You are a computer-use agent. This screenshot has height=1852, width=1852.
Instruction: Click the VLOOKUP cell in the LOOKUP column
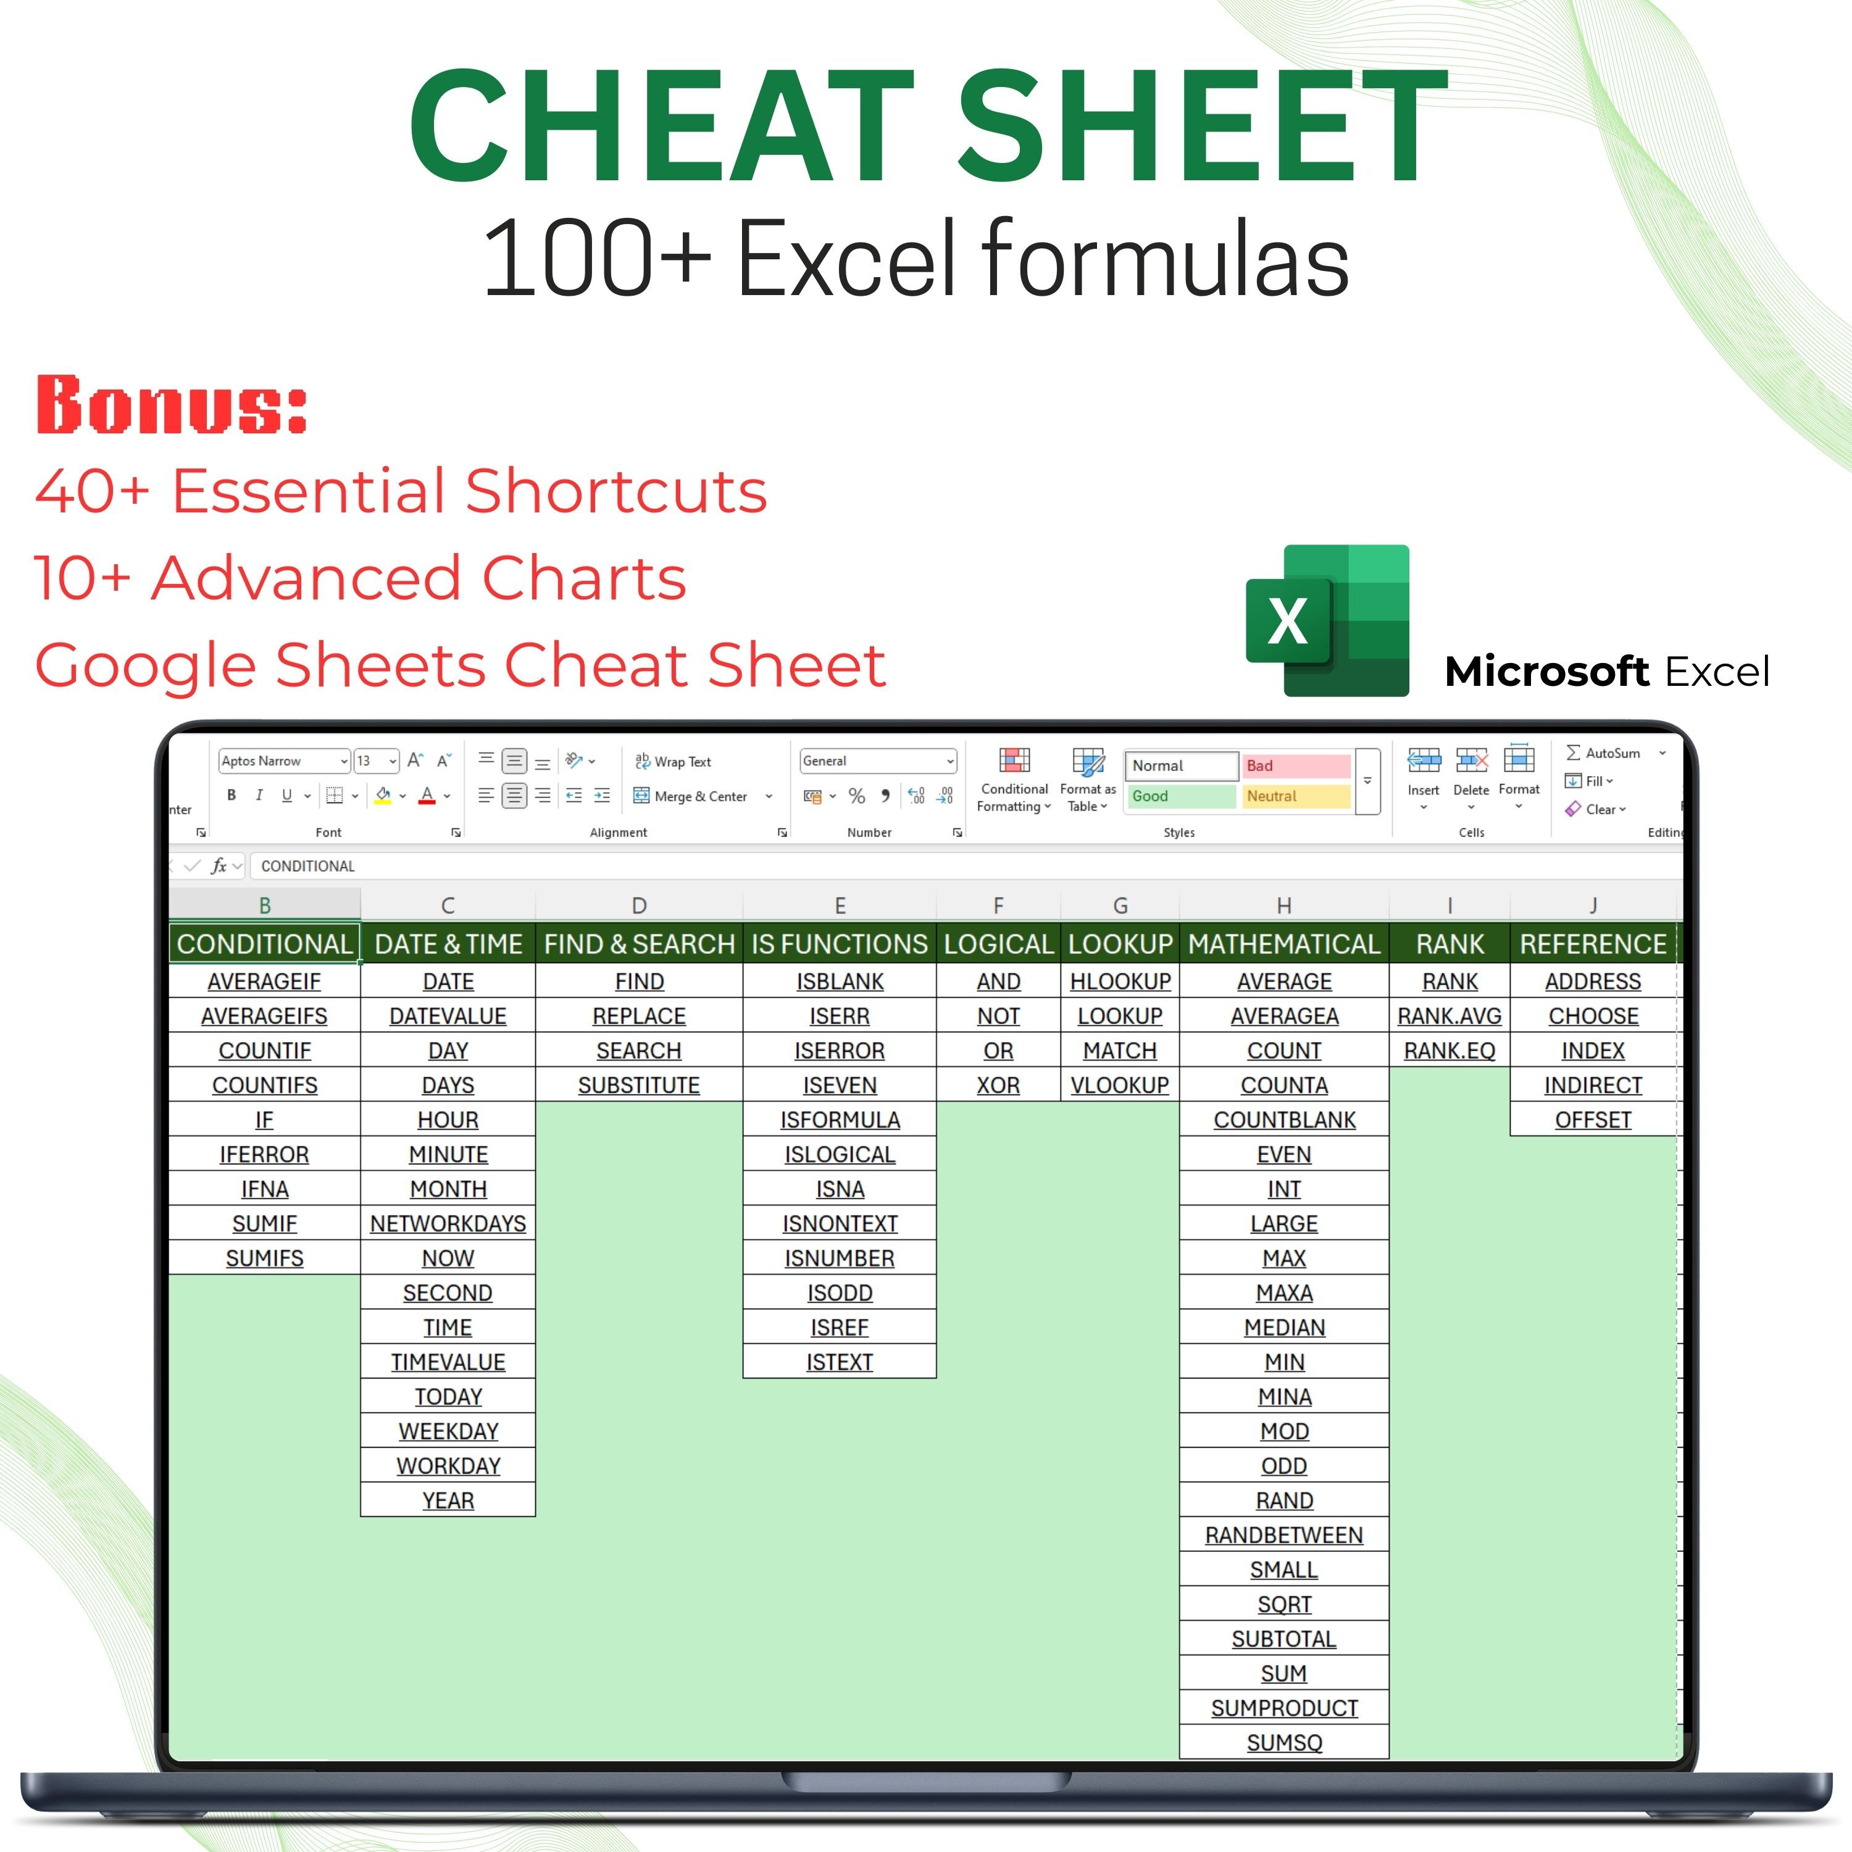click(1120, 1085)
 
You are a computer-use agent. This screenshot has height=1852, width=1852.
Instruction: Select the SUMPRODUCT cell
click(1283, 1708)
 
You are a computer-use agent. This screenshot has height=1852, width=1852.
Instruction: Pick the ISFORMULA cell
click(840, 1120)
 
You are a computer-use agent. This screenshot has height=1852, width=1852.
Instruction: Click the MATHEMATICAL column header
click(1283, 945)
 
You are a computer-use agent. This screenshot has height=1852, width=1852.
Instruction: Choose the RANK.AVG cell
click(1449, 1016)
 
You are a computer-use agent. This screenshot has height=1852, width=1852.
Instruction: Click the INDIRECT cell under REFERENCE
click(1592, 1085)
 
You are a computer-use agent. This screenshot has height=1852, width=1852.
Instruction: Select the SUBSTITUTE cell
click(638, 1085)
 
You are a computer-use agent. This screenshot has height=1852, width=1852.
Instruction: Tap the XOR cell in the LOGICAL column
click(998, 1085)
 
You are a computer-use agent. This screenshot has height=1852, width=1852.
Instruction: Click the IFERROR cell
click(265, 1155)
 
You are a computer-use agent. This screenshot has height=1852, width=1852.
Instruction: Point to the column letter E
click(840, 906)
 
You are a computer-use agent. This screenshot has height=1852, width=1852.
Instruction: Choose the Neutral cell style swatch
click(1296, 796)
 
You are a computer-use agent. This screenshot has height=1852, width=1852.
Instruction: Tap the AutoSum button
click(1604, 753)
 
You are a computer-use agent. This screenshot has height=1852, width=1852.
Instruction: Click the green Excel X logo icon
click(1328, 620)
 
